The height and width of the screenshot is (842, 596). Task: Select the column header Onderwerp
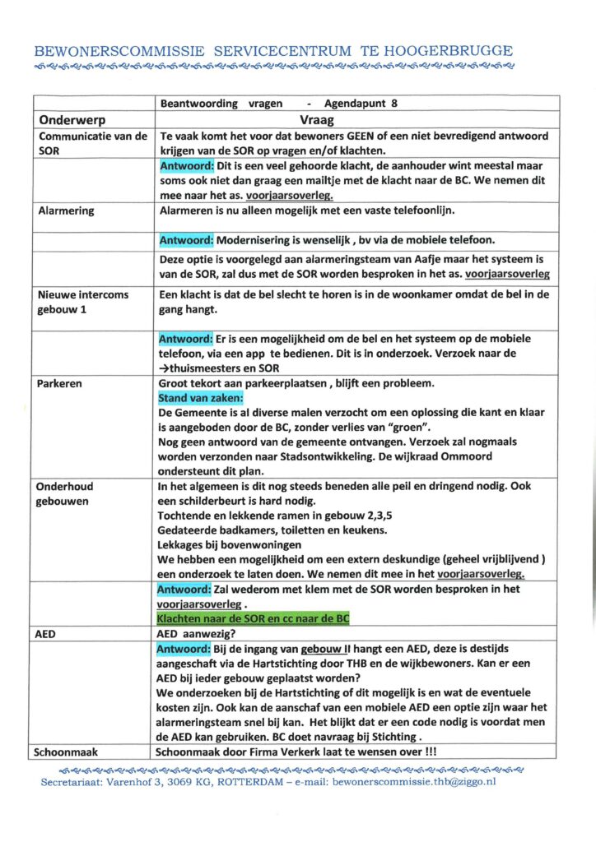72,119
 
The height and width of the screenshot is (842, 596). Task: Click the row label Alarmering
67,210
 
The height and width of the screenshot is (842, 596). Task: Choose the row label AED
50,636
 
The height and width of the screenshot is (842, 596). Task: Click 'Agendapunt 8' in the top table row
361,104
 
